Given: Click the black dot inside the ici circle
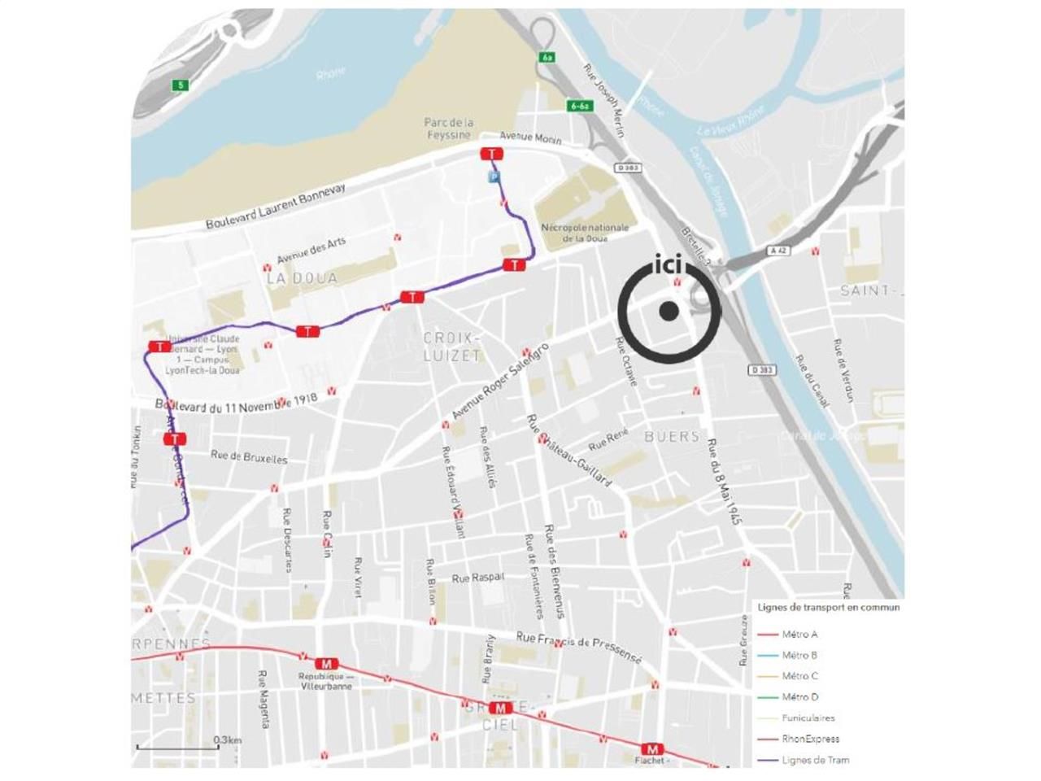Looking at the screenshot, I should click(669, 310).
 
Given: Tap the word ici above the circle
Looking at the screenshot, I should click(669, 267).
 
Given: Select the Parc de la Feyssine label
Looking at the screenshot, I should click(448, 129).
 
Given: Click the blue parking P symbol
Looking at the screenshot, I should click(493, 177).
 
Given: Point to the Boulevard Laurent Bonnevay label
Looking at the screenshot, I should click(275, 206).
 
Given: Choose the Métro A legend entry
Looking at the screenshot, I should click(799, 635).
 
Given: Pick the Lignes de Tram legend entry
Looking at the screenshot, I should click(815, 761).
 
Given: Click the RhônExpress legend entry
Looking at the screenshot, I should click(810, 740).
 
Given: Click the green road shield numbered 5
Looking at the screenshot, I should click(179, 85).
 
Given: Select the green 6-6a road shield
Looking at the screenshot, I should click(579, 106).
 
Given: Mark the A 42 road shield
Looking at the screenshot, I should click(779, 251).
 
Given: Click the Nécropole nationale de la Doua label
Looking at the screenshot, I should click(585, 233).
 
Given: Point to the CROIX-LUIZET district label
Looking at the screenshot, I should click(452, 347).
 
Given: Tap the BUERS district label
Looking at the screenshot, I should click(672, 437).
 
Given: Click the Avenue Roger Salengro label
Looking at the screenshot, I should click(500, 381).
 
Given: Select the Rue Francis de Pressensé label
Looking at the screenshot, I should click(579, 648).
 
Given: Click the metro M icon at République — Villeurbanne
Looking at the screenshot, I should click(327, 664).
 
